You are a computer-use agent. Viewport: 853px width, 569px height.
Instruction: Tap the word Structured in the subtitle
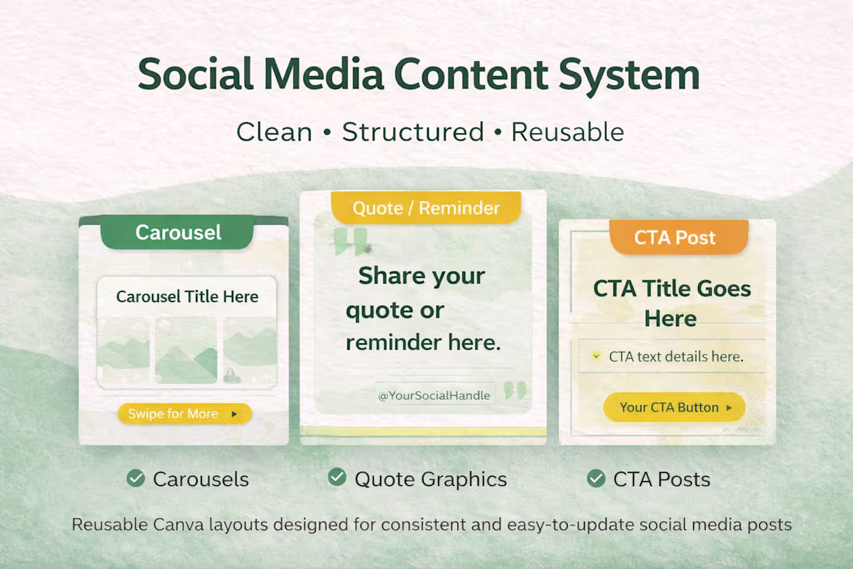click(413, 132)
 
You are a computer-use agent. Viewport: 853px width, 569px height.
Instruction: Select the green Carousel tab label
click(178, 232)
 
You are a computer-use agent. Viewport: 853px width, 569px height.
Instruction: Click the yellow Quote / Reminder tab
click(426, 208)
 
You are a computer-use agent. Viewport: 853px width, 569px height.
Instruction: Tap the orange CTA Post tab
click(675, 238)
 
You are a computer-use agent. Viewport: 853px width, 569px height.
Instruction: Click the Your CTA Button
click(674, 407)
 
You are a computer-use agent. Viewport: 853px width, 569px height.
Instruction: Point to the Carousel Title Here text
click(187, 297)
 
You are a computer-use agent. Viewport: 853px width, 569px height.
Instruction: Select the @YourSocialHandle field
click(433, 395)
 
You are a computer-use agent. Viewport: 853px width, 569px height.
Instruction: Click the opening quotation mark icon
click(351, 241)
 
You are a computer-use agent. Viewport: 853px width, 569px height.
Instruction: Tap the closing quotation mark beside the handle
click(514, 390)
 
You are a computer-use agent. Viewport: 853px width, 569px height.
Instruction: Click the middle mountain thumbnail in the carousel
click(186, 351)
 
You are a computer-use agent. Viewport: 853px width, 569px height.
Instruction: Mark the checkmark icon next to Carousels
click(136, 478)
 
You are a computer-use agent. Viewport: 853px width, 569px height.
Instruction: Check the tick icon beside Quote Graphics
click(337, 477)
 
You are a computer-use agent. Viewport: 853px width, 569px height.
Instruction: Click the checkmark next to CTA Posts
click(596, 478)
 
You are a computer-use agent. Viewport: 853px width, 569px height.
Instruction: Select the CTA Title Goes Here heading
click(672, 303)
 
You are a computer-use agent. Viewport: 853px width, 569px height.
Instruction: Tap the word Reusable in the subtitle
click(568, 132)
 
